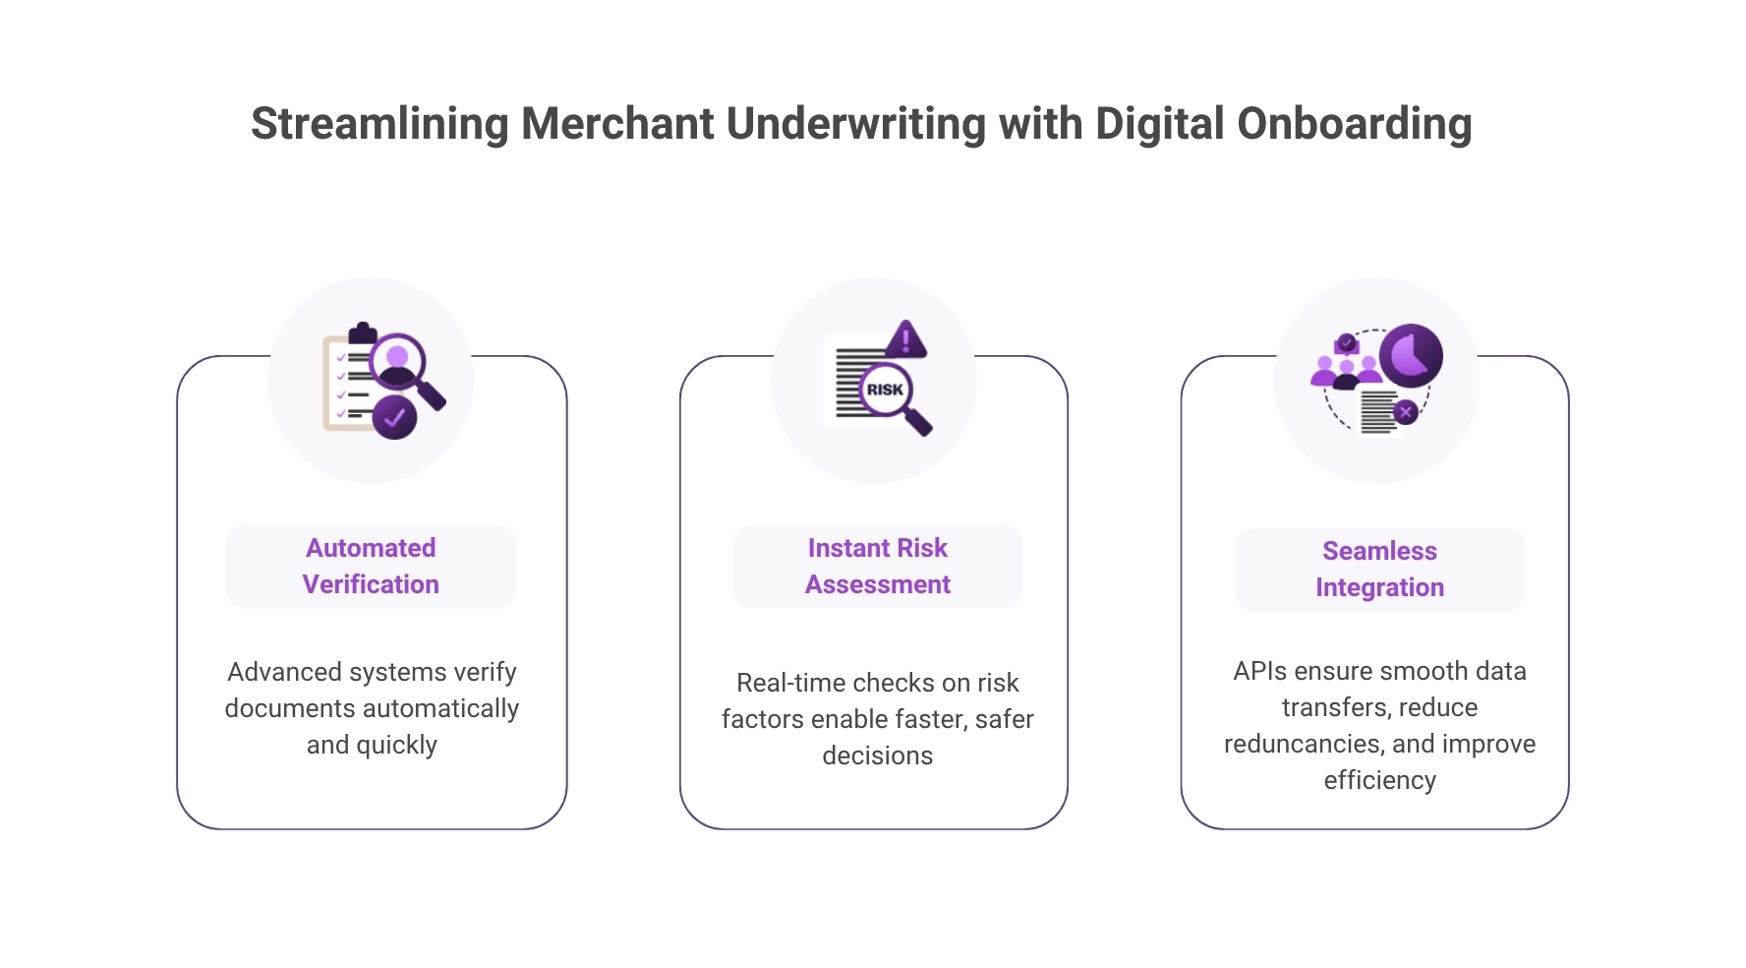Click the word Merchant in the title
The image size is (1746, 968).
point(617,125)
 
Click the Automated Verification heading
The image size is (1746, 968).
point(371,566)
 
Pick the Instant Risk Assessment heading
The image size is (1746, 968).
point(877,566)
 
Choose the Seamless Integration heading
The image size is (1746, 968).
point(1379,569)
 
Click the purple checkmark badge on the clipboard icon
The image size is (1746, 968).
point(394,417)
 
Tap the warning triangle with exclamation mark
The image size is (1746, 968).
point(905,340)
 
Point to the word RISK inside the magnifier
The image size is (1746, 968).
point(885,390)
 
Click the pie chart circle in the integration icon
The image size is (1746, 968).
point(1411,354)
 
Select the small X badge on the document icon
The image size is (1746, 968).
point(1406,412)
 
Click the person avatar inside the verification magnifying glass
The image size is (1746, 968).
point(397,364)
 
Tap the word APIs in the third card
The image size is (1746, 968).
point(1259,671)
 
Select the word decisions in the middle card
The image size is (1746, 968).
point(877,756)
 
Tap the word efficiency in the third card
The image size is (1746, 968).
point(1379,780)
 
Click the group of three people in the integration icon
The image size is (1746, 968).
point(1346,372)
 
